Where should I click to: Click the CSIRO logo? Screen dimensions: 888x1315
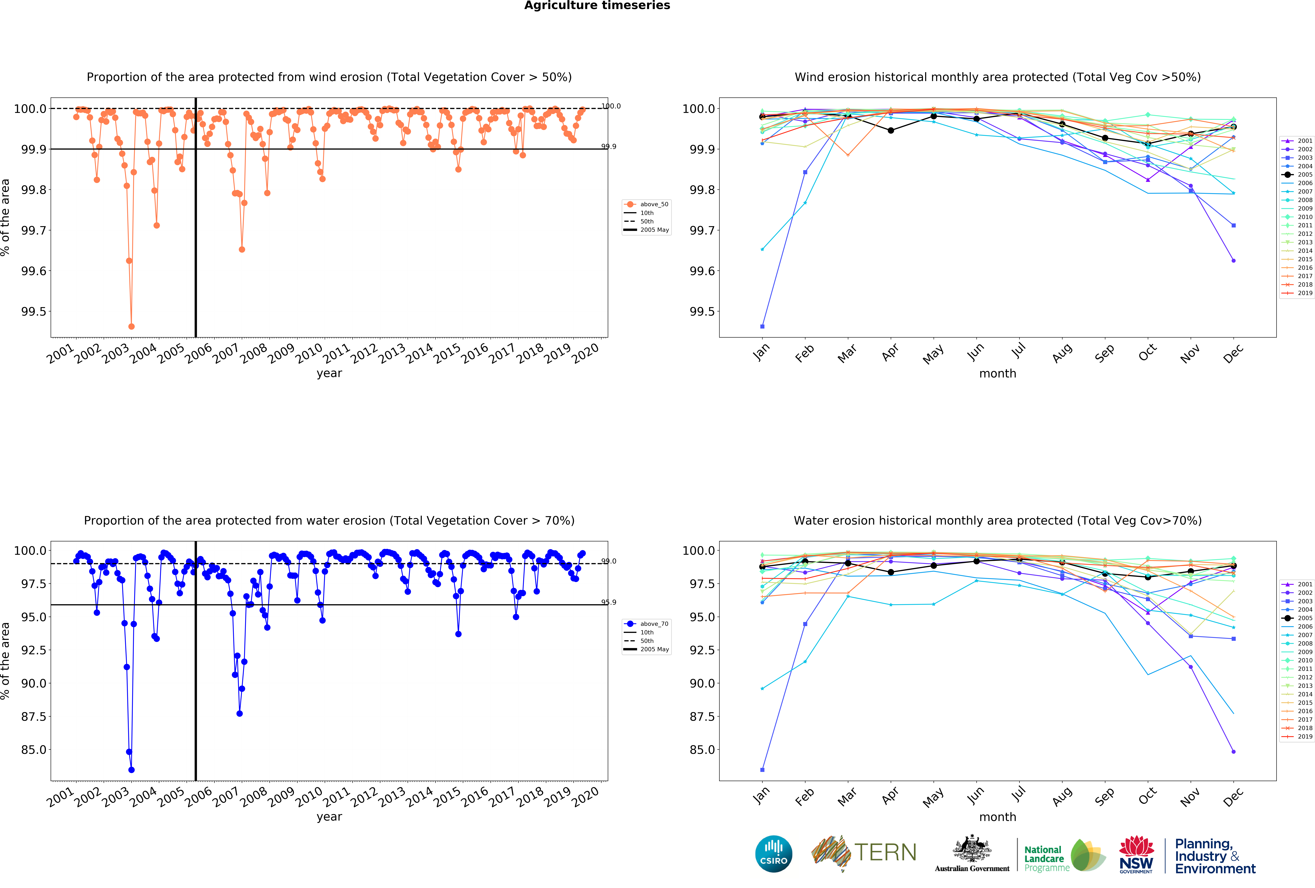click(773, 854)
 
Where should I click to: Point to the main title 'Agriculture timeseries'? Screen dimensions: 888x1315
click(597, 6)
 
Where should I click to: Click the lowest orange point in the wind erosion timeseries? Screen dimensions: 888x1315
click(131, 326)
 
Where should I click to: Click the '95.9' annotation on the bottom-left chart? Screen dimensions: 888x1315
click(609, 602)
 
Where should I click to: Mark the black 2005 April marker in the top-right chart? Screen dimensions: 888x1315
click(891, 131)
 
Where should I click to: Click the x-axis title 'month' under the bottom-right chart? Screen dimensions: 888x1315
click(998, 817)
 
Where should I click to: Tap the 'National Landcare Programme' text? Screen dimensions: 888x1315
click(1046, 859)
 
